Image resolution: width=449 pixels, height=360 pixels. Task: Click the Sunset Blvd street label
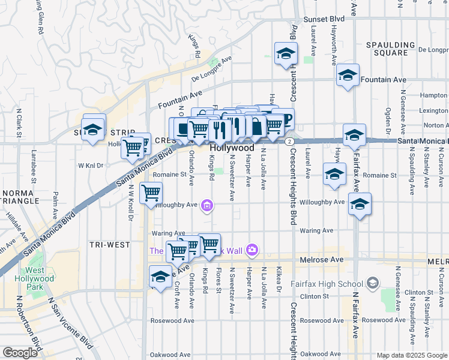[x=324, y=19]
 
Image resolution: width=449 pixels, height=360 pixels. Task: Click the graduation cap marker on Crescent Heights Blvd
[x=286, y=54]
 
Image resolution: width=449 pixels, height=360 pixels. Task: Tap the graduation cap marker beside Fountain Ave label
[x=348, y=76]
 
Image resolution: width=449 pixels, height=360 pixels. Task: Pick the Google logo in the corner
[x=20, y=353]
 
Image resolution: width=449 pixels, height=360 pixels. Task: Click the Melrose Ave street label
[x=324, y=260]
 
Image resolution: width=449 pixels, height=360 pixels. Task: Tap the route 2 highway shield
[x=289, y=141]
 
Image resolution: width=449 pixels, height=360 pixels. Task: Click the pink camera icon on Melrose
[x=252, y=249]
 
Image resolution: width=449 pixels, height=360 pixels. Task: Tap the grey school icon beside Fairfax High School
[x=372, y=283]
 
